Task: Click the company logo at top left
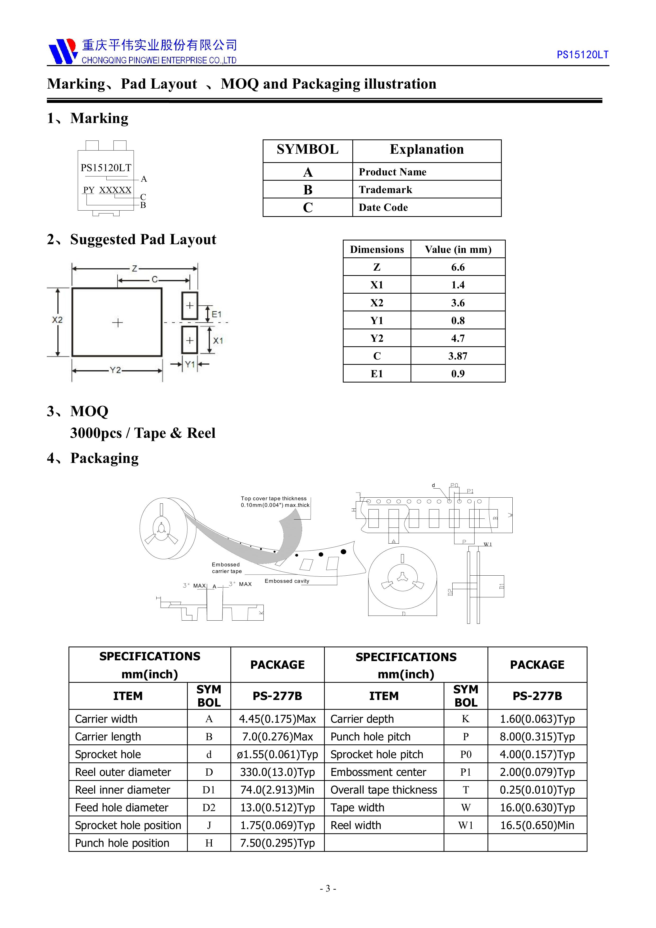tap(63, 51)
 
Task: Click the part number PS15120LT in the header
tap(582, 55)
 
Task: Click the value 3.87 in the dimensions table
tap(458, 356)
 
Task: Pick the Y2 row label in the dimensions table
tap(377, 338)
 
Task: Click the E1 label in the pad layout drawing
tap(217, 314)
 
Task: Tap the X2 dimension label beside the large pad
tap(57, 320)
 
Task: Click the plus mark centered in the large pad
tap(117, 322)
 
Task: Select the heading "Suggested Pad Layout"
tap(143, 239)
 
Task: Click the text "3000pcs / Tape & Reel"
tap(143, 433)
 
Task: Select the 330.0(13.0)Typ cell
tap(277, 772)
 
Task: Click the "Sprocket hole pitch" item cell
tap(377, 754)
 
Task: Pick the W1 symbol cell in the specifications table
tap(466, 825)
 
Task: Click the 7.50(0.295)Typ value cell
tap(277, 843)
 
